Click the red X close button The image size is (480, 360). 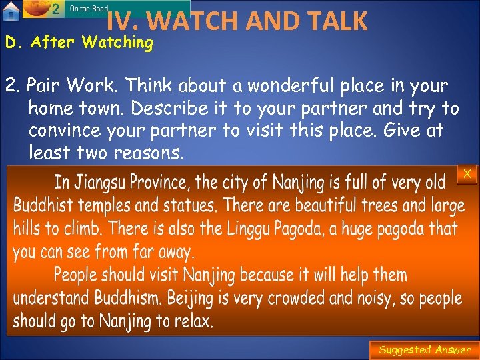click(x=467, y=174)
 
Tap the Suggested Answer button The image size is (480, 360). click(x=424, y=350)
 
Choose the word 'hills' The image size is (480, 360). click(x=27, y=229)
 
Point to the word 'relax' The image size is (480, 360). click(x=193, y=321)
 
